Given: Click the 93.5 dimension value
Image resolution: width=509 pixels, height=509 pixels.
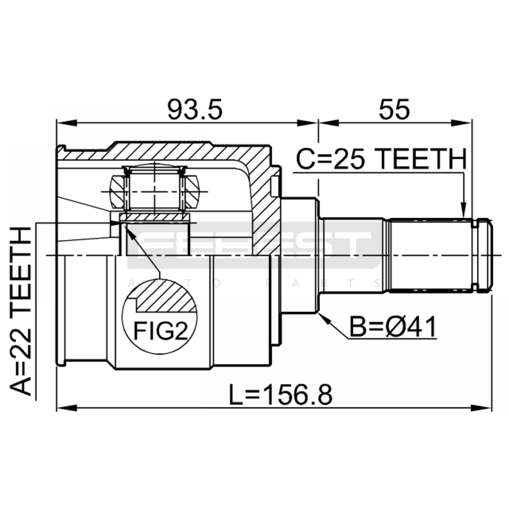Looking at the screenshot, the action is (x=195, y=109).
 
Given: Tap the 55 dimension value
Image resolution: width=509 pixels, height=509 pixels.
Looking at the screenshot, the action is (x=394, y=109).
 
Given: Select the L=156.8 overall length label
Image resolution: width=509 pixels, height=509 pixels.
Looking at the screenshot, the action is (x=281, y=395).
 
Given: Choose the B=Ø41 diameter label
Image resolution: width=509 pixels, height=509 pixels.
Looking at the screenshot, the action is (x=393, y=327).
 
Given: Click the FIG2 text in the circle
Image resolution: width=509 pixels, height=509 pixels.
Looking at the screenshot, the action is (x=160, y=331).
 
